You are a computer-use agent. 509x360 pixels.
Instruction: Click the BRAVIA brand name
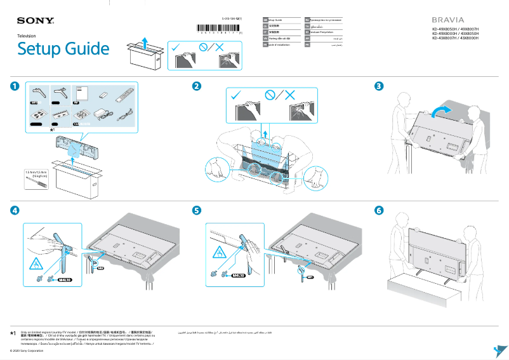click(x=449, y=20)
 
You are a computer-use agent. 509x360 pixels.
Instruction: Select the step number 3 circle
click(x=379, y=86)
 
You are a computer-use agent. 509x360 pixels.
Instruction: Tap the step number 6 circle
click(x=379, y=210)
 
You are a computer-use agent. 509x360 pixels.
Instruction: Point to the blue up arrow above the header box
click(x=145, y=43)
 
